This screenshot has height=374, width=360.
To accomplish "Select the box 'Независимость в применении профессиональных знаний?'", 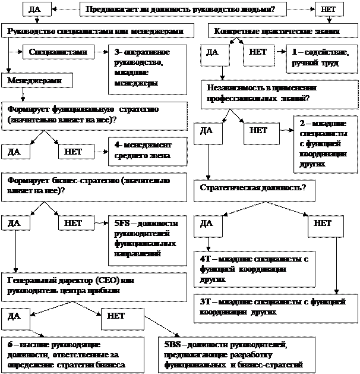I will click(279, 92).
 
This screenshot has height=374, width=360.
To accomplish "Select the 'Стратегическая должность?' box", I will click(254, 188).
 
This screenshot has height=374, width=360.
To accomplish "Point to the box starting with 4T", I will click(255, 269).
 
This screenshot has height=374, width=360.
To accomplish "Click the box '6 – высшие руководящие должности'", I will click(71, 354).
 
